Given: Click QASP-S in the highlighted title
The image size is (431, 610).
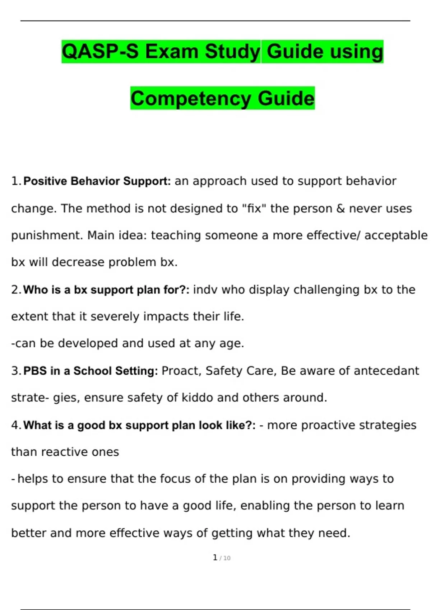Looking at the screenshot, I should [100, 51].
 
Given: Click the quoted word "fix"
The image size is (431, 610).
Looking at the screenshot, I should [255, 208].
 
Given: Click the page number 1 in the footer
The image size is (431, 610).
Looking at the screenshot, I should [215, 557].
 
